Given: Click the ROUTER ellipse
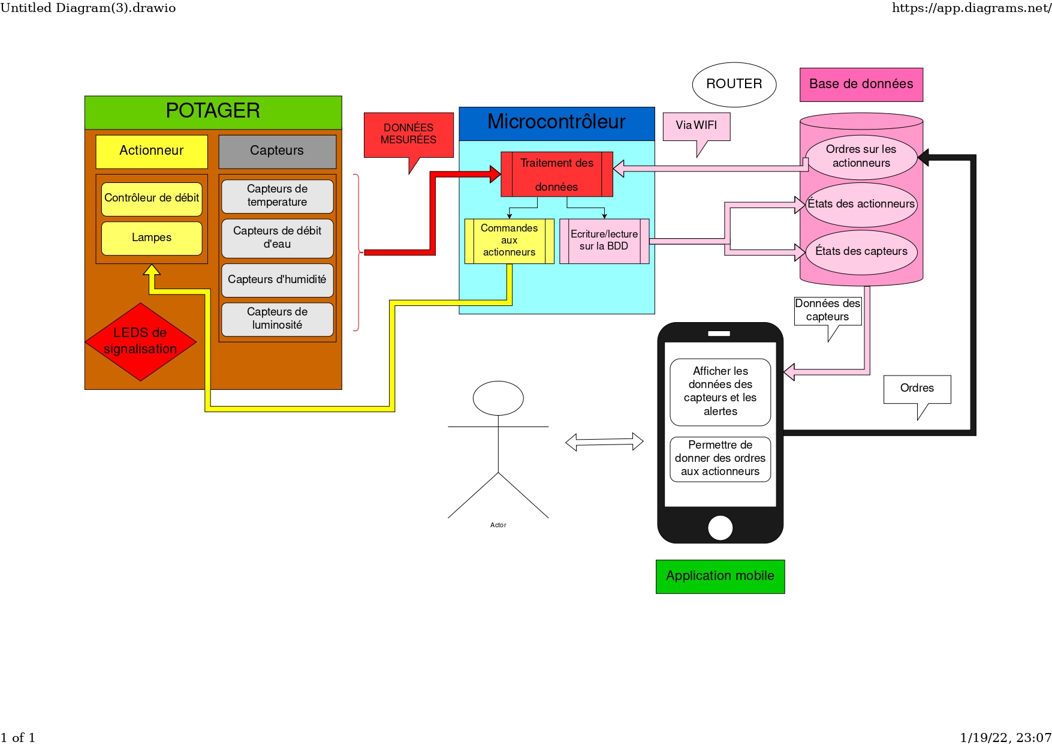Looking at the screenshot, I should point(734,85).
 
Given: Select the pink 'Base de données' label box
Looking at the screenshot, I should point(861,85).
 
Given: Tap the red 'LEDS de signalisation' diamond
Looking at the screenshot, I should point(140,341).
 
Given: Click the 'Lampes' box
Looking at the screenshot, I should point(152,238).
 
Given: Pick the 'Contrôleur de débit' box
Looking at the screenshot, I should point(152,199).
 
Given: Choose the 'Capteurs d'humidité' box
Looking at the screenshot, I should point(277,280).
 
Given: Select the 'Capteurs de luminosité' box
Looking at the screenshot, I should point(277,319).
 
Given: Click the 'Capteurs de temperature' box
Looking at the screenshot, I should point(277,196).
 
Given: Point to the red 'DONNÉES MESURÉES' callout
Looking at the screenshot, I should point(408,134).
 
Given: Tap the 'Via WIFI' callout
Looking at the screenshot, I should point(696,126).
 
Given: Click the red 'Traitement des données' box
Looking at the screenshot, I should point(556,175).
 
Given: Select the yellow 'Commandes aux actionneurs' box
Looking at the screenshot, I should point(509,241).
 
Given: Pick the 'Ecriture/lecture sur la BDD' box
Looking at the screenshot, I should point(604,241).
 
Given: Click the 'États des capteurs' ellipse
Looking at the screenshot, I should point(861,252).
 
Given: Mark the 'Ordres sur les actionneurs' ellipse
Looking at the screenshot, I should point(861,157).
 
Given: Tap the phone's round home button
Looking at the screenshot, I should point(720,528).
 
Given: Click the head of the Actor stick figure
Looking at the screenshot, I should point(498,398).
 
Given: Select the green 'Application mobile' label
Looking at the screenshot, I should point(720,576).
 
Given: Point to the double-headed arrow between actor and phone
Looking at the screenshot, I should point(604,442).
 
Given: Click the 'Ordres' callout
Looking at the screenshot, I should point(917,389).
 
